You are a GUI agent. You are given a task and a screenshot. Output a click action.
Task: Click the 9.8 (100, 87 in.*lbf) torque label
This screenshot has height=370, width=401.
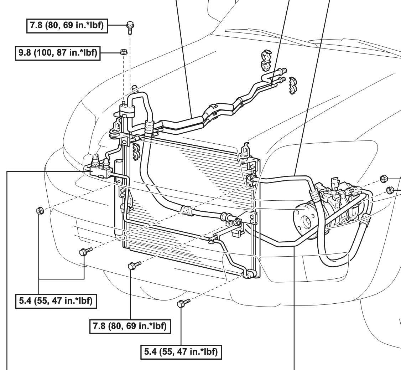pyautogui.click(x=58, y=53)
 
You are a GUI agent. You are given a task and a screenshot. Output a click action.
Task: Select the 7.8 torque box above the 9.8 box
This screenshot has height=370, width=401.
pyautogui.click(x=67, y=26)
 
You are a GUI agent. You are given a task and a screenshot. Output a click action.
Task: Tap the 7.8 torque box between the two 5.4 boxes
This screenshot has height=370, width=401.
pyautogui.click(x=130, y=326)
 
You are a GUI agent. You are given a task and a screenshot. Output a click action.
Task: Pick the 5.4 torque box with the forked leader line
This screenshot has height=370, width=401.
pyautogui.click(x=56, y=301)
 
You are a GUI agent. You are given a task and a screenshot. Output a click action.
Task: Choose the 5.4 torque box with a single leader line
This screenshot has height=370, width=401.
pyautogui.click(x=181, y=352)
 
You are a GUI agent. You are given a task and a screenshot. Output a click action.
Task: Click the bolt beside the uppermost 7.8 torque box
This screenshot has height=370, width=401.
pyautogui.click(x=130, y=28)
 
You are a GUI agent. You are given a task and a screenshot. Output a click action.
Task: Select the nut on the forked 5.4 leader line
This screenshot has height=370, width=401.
pyautogui.click(x=40, y=211)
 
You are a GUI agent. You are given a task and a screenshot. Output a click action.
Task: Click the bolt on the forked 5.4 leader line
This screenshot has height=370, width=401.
pyautogui.click(x=86, y=251)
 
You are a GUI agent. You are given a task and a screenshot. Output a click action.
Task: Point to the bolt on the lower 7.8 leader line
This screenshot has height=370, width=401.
pyautogui.click(x=134, y=265)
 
